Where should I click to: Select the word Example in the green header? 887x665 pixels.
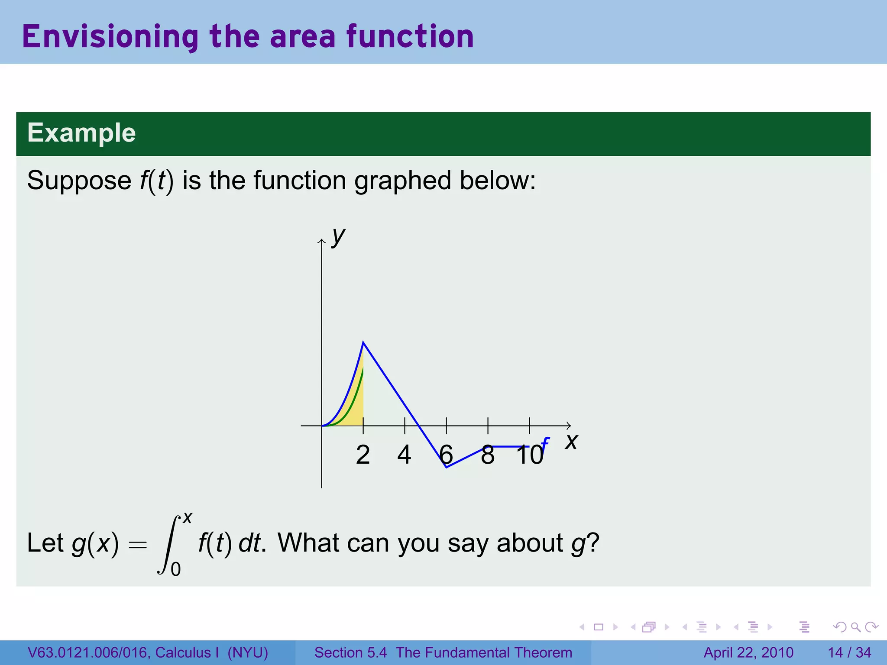click(81, 132)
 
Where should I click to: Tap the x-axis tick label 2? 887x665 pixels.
click(363, 455)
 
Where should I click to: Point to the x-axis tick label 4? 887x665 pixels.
click(404, 455)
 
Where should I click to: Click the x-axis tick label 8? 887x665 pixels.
click(488, 455)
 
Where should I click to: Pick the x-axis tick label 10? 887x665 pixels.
click(530, 455)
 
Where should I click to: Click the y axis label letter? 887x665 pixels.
click(338, 237)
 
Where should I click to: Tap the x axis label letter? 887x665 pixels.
click(571, 442)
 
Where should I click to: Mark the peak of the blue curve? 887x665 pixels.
click(363, 342)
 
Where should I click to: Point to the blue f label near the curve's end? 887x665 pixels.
click(545, 444)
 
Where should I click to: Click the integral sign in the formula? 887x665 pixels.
click(169, 544)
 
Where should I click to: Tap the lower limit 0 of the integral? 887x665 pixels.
click(175, 569)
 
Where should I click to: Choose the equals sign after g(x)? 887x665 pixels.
click(138, 545)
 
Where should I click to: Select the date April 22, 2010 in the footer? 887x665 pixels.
click(748, 652)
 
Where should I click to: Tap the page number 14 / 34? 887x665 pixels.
click(849, 652)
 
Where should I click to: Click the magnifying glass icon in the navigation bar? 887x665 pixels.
click(855, 627)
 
